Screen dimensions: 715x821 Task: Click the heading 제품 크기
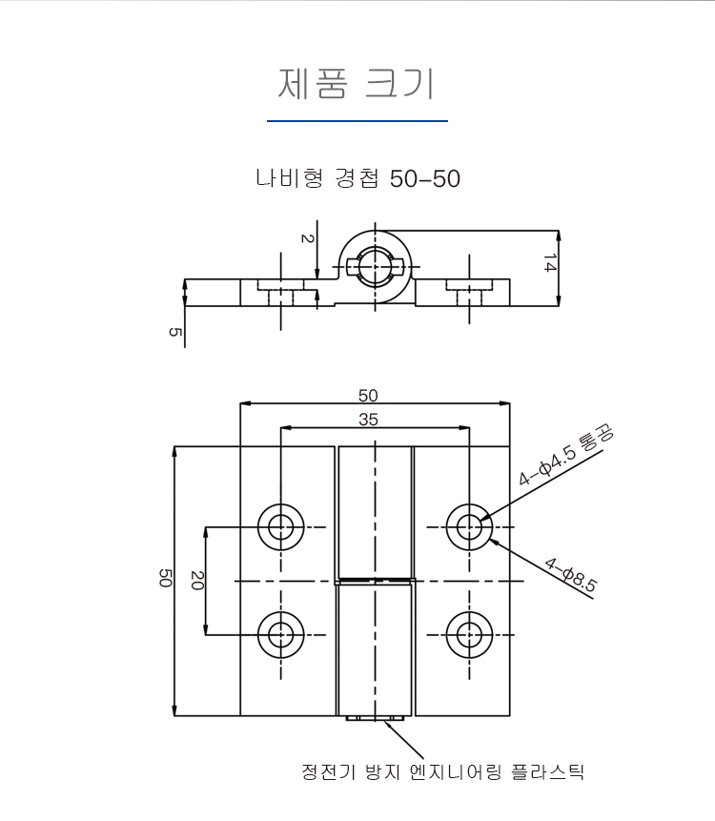tap(356, 84)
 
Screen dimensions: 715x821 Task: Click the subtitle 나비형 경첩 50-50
tap(358, 178)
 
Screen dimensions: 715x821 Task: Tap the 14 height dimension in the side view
tap(549, 263)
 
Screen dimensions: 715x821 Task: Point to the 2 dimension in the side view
tap(307, 238)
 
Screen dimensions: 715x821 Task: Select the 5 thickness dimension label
tap(174, 332)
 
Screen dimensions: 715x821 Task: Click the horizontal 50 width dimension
tap(368, 396)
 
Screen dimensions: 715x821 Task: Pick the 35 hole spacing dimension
tap(368, 420)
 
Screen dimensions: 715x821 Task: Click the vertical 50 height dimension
tap(165, 578)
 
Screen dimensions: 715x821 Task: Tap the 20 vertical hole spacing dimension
tap(196, 580)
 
